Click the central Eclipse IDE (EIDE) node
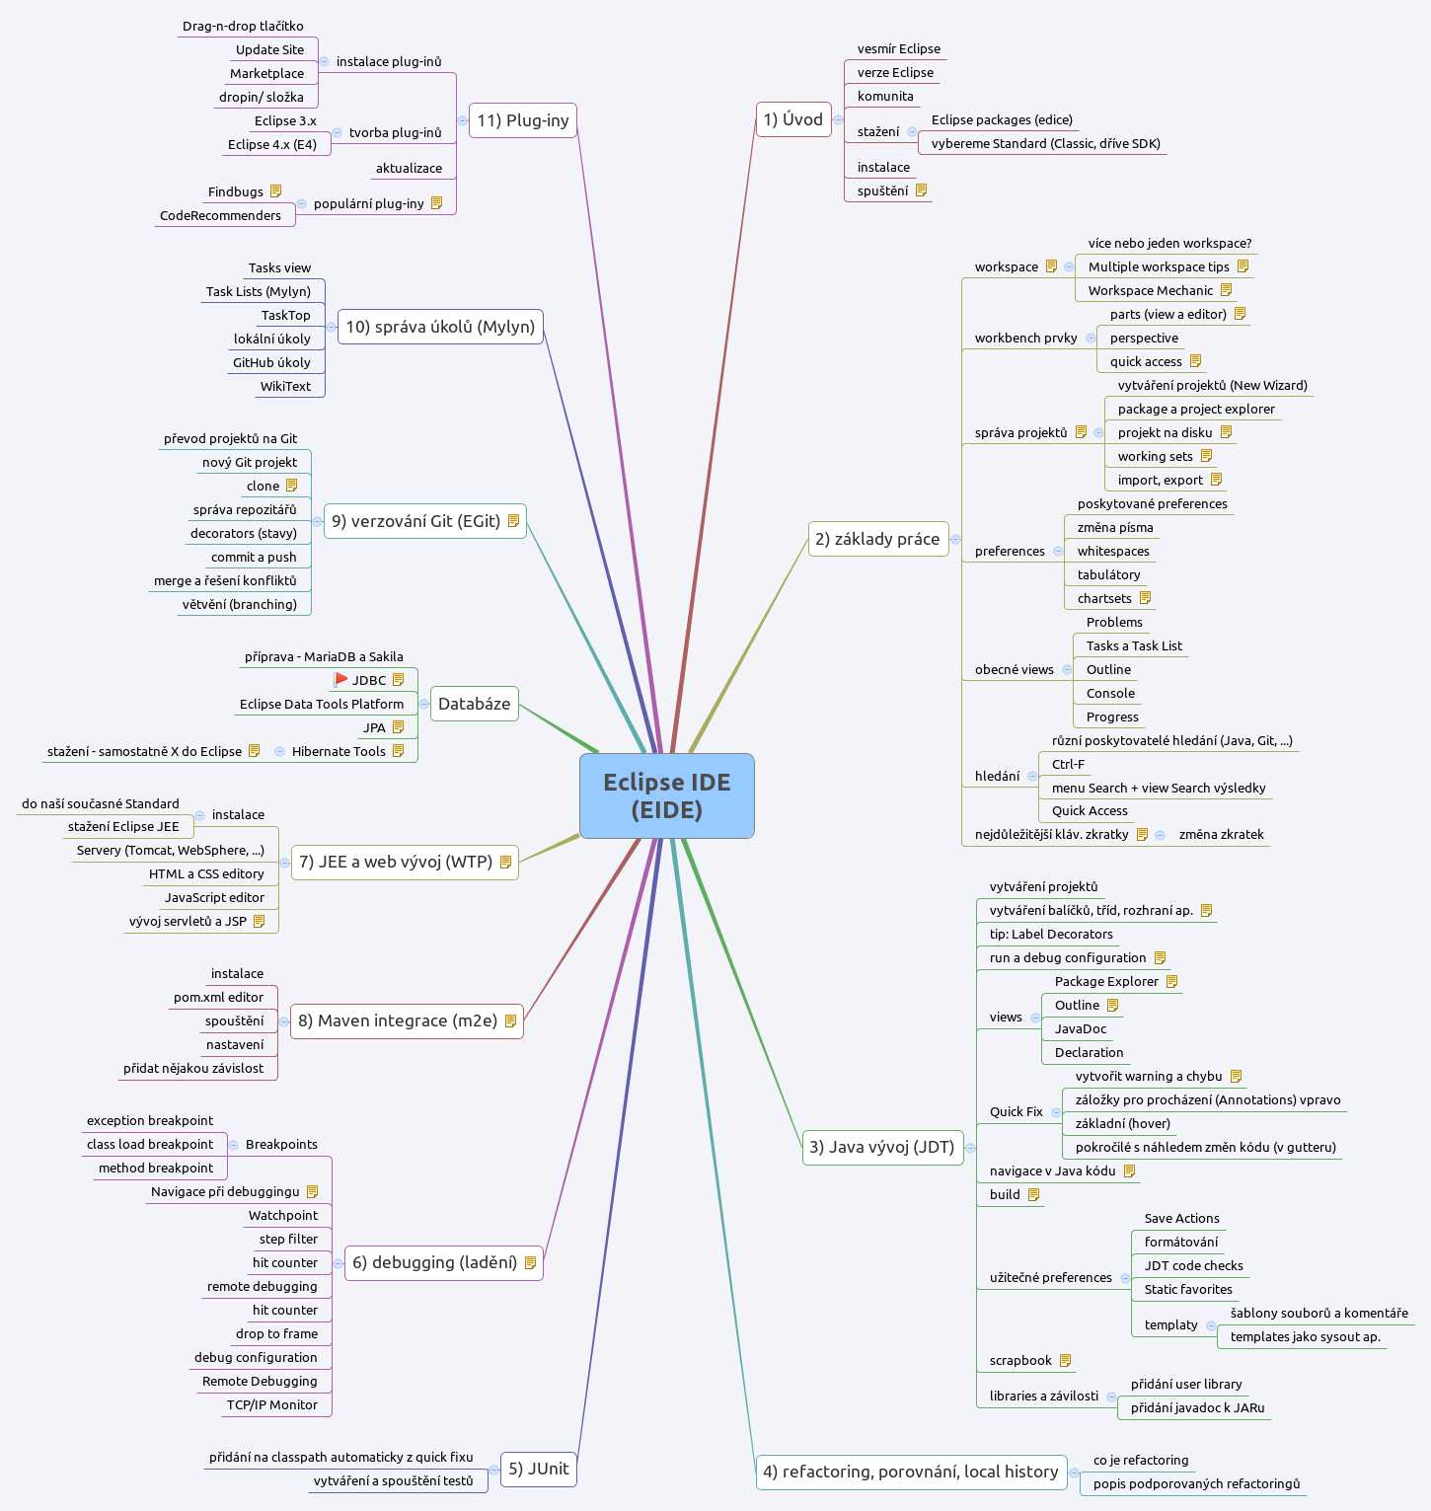tap(666, 795)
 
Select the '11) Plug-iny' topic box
tap(522, 120)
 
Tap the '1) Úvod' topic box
tap(792, 119)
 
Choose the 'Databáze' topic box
tap(474, 704)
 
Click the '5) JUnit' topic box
tap(538, 1469)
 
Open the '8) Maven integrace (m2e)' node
tap(406, 1020)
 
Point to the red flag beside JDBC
tap(340, 679)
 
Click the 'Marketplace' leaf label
tap(266, 73)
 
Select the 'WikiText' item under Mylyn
tap(285, 386)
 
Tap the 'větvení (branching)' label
tap(239, 604)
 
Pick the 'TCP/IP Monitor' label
tap(272, 1404)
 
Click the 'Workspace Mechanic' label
tap(1150, 290)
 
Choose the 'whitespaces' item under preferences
tap(1113, 551)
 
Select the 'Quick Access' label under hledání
tap(1090, 810)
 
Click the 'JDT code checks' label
tap(1193, 1265)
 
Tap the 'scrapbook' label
tap(1020, 1360)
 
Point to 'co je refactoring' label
tap(1141, 1460)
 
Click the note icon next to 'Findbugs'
tap(275, 191)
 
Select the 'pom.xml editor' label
tap(218, 997)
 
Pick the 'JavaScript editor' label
tap(214, 897)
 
